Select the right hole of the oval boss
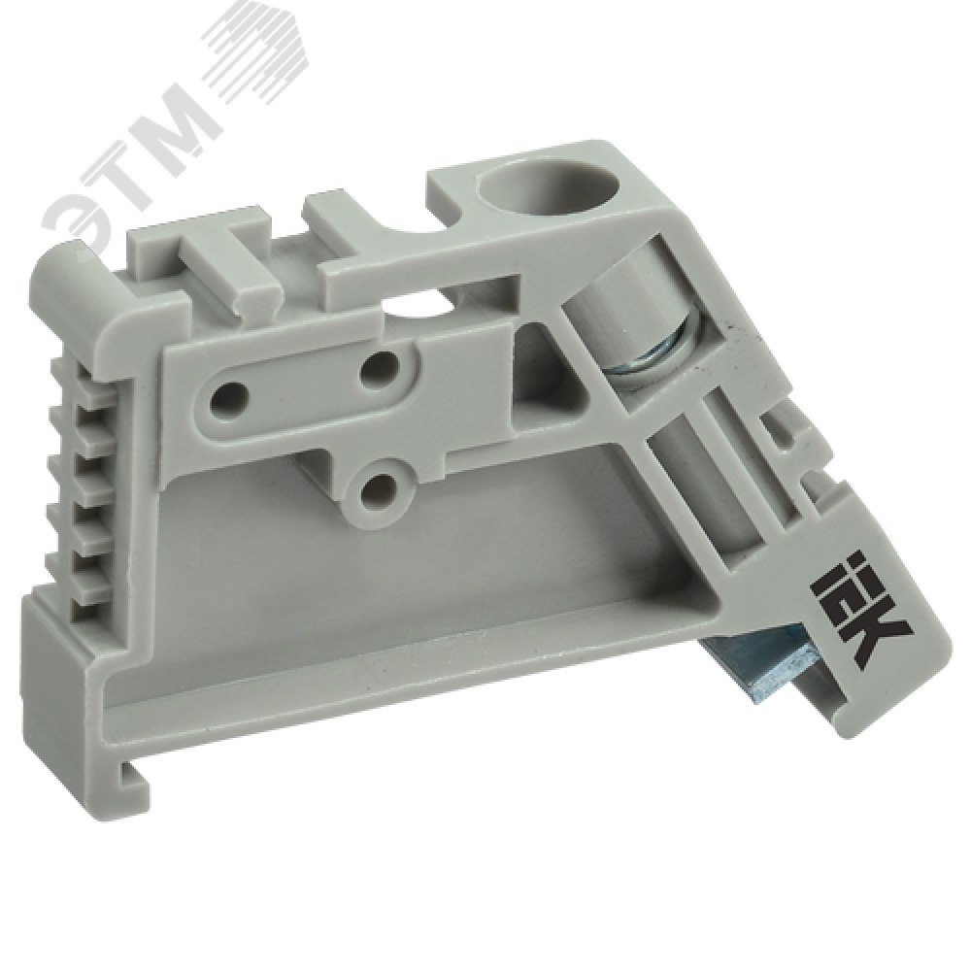pos(379,367)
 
